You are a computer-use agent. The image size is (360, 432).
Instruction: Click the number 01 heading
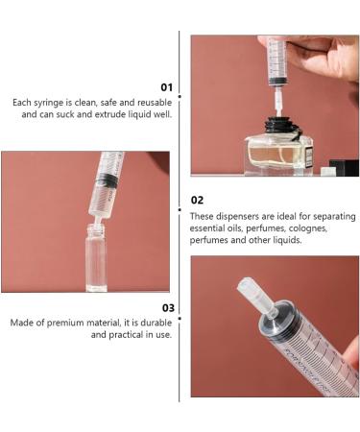click(x=166, y=87)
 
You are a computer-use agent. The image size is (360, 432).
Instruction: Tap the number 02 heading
click(x=197, y=201)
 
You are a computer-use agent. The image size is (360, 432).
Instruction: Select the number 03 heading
click(x=168, y=308)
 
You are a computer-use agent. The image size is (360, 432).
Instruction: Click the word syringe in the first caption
click(x=49, y=103)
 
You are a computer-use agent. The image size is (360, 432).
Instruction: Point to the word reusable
click(x=155, y=103)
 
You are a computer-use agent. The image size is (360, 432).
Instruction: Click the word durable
click(x=156, y=323)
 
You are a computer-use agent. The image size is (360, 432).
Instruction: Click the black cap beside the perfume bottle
click(x=344, y=168)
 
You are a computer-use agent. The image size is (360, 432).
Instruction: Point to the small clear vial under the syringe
click(x=96, y=257)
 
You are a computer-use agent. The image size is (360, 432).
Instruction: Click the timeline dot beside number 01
click(x=180, y=96)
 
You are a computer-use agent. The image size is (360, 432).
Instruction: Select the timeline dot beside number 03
click(x=180, y=319)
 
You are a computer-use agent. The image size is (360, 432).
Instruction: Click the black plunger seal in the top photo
click(x=277, y=81)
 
